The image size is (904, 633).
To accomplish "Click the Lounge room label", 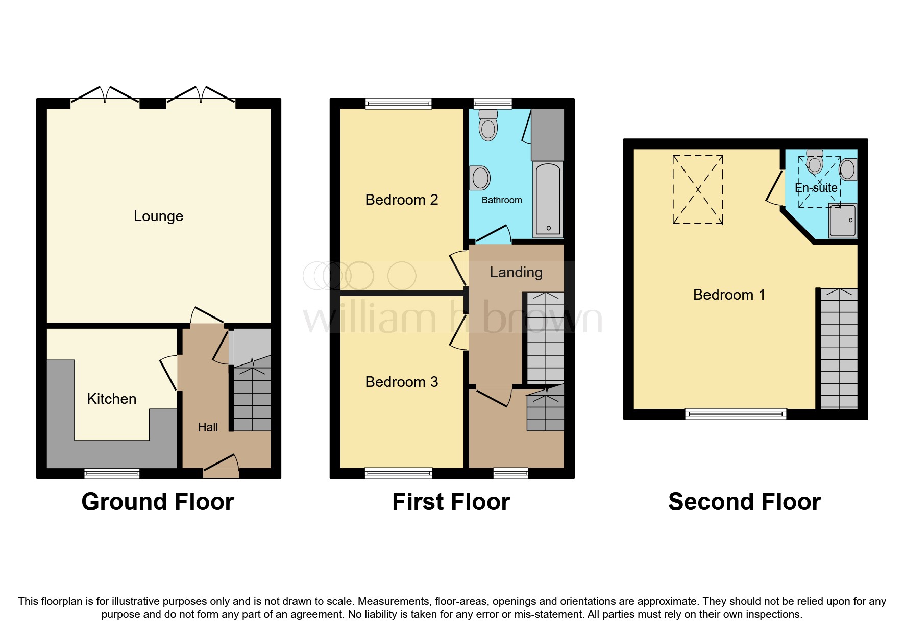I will (x=158, y=216).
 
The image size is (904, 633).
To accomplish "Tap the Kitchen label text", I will (x=111, y=399).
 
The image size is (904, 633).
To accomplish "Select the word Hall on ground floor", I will (x=208, y=427).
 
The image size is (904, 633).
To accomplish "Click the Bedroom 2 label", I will (x=401, y=200).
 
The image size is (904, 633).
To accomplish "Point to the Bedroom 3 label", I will (x=401, y=382).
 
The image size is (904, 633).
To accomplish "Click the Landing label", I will (x=516, y=272).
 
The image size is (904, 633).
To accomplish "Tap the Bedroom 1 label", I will (x=728, y=295).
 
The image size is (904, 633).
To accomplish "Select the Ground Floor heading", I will (x=158, y=502).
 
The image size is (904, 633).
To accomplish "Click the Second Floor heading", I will (x=744, y=502).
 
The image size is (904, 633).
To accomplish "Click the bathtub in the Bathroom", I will (x=548, y=199).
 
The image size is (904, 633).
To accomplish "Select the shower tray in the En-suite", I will (x=843, y=221).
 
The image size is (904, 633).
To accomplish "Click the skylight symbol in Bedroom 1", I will (x=698, y=189).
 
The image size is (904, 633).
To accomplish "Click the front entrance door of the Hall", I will (x=221, y=467).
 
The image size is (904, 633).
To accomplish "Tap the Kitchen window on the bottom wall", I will (x=112, y=474).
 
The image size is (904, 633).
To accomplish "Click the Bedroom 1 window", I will (x=735, y=414).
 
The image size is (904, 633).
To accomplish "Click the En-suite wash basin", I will (x=848, y=169).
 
